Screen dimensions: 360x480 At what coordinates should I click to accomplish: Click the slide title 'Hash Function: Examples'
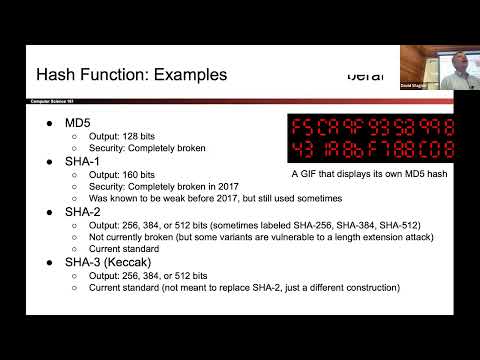pyautogui.click(x=131, y=75)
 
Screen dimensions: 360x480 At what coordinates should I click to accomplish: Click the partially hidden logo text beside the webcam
pyautogui.click(x=365, y=75)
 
